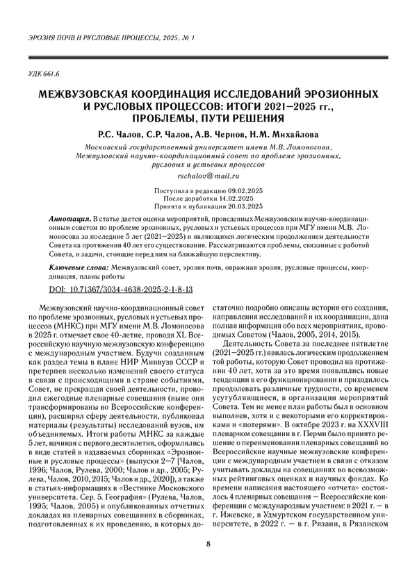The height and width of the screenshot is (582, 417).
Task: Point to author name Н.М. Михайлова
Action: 271,133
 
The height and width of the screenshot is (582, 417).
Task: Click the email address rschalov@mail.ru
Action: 208,177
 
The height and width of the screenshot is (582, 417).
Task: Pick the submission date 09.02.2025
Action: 245,191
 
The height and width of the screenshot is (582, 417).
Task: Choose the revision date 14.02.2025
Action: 245,199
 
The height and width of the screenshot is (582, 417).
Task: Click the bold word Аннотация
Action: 70,218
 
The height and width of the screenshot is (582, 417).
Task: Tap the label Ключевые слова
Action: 79,267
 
